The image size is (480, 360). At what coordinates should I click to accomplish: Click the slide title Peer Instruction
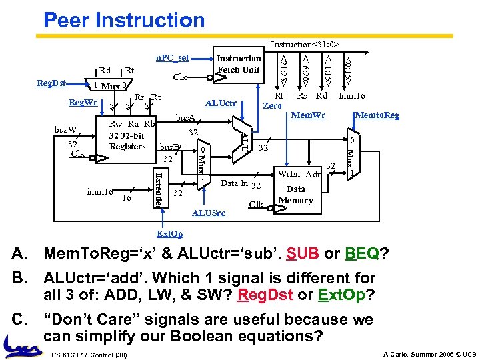click(124, 20)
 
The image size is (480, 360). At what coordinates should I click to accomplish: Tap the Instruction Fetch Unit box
click(238, 64)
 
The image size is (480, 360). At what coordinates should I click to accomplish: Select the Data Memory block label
click(295, 194)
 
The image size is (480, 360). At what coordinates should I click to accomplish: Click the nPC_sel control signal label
click(172, 57)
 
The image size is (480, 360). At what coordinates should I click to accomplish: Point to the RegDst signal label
click(51, 84)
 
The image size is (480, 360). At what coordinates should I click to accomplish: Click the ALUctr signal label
click(222, 103)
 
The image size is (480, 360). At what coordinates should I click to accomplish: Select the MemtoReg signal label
click(377, 115)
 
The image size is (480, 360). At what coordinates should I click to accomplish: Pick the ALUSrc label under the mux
click(208, 213)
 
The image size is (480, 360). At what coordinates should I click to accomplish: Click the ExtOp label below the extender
click(169, 234)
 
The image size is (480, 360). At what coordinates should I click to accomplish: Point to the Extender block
click(158, 187)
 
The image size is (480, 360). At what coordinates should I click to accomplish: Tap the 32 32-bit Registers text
click(127, 141)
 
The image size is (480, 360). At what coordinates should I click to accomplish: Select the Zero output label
click(271, 105)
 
